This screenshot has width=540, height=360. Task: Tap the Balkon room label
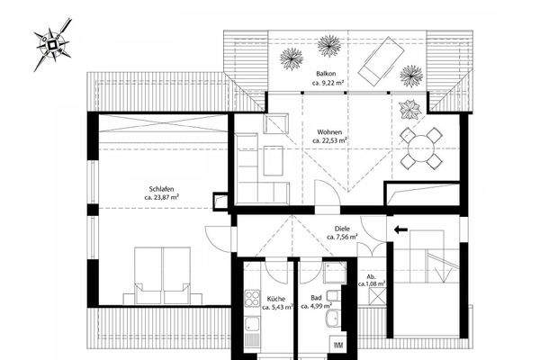pos(326,74)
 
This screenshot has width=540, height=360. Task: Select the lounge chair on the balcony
pos(382,59)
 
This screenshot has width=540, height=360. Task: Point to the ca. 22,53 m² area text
pos(329,140)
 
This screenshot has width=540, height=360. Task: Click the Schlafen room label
pos(161,186)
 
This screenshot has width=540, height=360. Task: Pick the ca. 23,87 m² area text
pos(161,196)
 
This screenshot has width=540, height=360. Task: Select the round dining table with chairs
pos(420,148)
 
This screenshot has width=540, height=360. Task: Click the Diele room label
pos(341,229)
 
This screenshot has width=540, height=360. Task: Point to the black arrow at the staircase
pos(400,230)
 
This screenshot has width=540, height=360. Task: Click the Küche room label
pos(276,299)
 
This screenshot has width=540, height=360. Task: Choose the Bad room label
pos(316,299)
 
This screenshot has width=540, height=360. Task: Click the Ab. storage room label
pos(371,276)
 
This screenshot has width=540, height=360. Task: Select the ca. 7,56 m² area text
pos(341,239)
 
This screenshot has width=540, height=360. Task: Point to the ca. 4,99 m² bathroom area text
pos(317,308)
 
